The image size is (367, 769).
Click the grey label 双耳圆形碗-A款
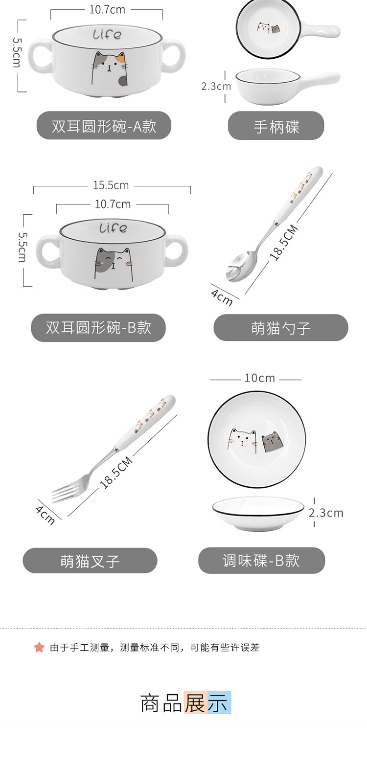[x=104, y=125]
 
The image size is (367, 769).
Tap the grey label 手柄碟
[x=276, y=126]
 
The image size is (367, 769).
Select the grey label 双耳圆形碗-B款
[x=98, y=327]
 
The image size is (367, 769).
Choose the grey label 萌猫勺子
[x=281, y=328]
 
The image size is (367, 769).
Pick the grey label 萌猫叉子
[x=90, y=561]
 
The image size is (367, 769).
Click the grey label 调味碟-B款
[x=261, y=560]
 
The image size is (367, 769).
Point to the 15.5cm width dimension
[x=111, y=185]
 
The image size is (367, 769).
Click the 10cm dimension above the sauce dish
[x=259, y=378]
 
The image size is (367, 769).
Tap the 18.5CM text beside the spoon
[x=284, y=242]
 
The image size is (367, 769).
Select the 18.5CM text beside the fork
[x=115, y=473]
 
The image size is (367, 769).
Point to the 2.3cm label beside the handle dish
[x=216, y=86]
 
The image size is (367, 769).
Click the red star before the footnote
[x=39, y=647]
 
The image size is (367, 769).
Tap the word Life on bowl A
[x=107, y=34]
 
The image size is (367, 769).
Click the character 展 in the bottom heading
[x=195, y=702]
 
